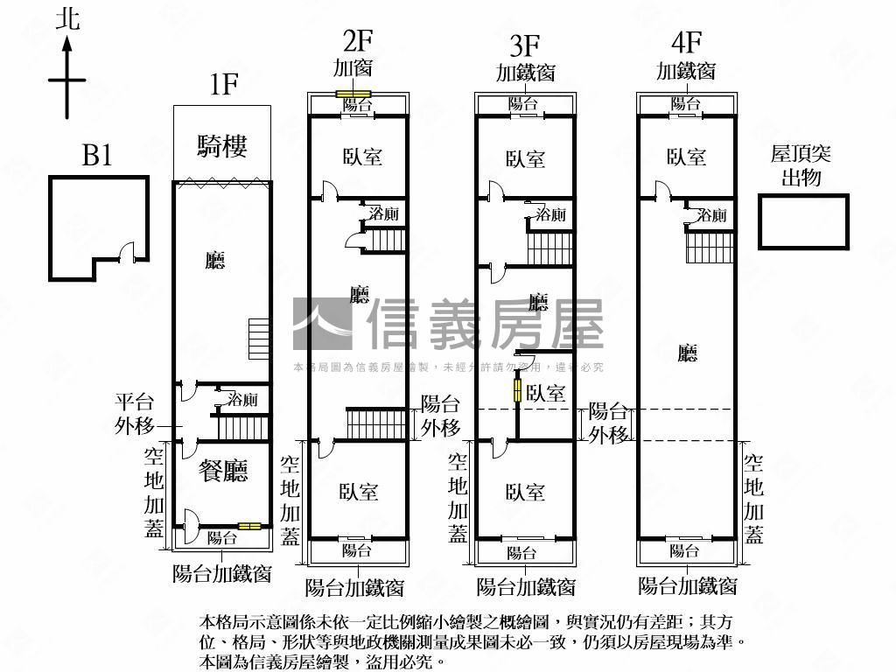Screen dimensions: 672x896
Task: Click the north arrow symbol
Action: click(66, 79)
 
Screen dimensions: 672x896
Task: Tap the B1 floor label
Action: click(97, 156)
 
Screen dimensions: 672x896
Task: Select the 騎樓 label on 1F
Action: click(221, 145)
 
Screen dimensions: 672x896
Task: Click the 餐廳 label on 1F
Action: click(223, 471)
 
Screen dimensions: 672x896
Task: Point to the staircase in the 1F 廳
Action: click(257, 339)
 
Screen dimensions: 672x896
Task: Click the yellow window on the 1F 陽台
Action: click(249, 526)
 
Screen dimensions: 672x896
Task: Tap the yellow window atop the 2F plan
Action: click(355, 94)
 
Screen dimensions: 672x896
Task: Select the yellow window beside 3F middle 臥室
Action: click(517, 391)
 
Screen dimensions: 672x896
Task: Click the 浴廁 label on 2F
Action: click(384, 213)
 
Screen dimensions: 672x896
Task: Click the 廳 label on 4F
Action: click(688, 353)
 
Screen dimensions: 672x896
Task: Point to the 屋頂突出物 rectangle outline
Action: click(803, 222)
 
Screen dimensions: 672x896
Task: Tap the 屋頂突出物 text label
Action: click(801, 166)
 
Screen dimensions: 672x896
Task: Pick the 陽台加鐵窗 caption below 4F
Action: click(688, 585)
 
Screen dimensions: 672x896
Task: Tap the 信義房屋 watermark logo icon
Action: click(322, 324)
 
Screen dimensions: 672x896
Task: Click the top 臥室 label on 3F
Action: click(525, 158)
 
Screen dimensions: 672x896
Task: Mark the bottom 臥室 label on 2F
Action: click(359, 491)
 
